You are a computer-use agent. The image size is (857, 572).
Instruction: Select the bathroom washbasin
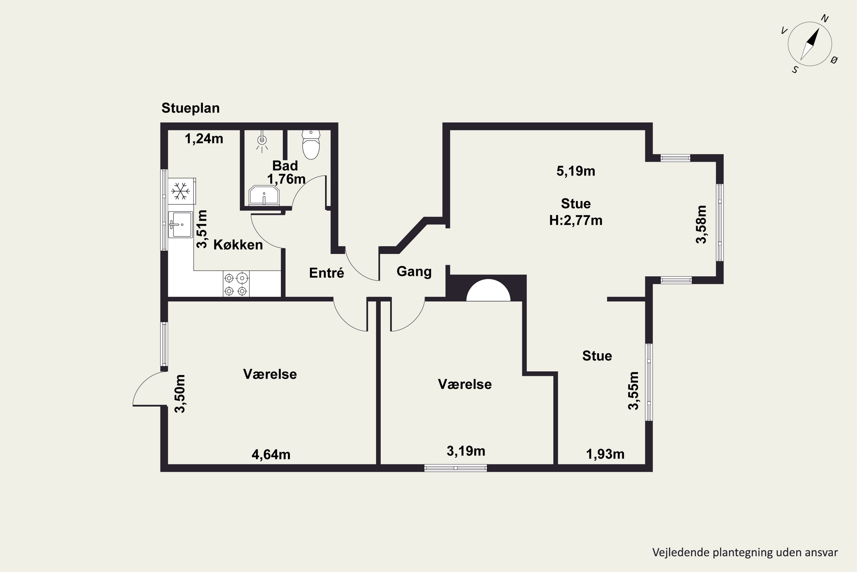tap(264, 196)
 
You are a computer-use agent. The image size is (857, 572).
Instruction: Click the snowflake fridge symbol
tap(181, 191)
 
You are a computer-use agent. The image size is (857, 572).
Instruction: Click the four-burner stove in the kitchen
tap(236, 284)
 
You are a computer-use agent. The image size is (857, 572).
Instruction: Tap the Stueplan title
tap(191, 108)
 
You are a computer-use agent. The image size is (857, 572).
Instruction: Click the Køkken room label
tap(238, 245)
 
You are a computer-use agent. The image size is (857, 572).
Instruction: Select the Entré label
tap(327, 273)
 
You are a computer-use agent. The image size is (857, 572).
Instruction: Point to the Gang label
tap(414, 272)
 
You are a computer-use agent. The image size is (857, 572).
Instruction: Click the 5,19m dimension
tap(576, 171)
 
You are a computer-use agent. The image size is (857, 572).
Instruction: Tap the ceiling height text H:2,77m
tap(576, 220)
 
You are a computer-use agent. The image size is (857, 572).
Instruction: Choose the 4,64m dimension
tap(271, 454)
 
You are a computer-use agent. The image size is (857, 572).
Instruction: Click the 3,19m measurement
tap(466, 451)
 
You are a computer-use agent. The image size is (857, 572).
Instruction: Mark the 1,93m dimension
tap(605, 454)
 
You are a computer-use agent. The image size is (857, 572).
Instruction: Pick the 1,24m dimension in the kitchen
tap(204, 139)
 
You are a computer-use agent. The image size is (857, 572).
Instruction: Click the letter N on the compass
tap(824, 18)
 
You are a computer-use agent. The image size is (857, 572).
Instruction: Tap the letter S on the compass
tap(795, 70)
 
